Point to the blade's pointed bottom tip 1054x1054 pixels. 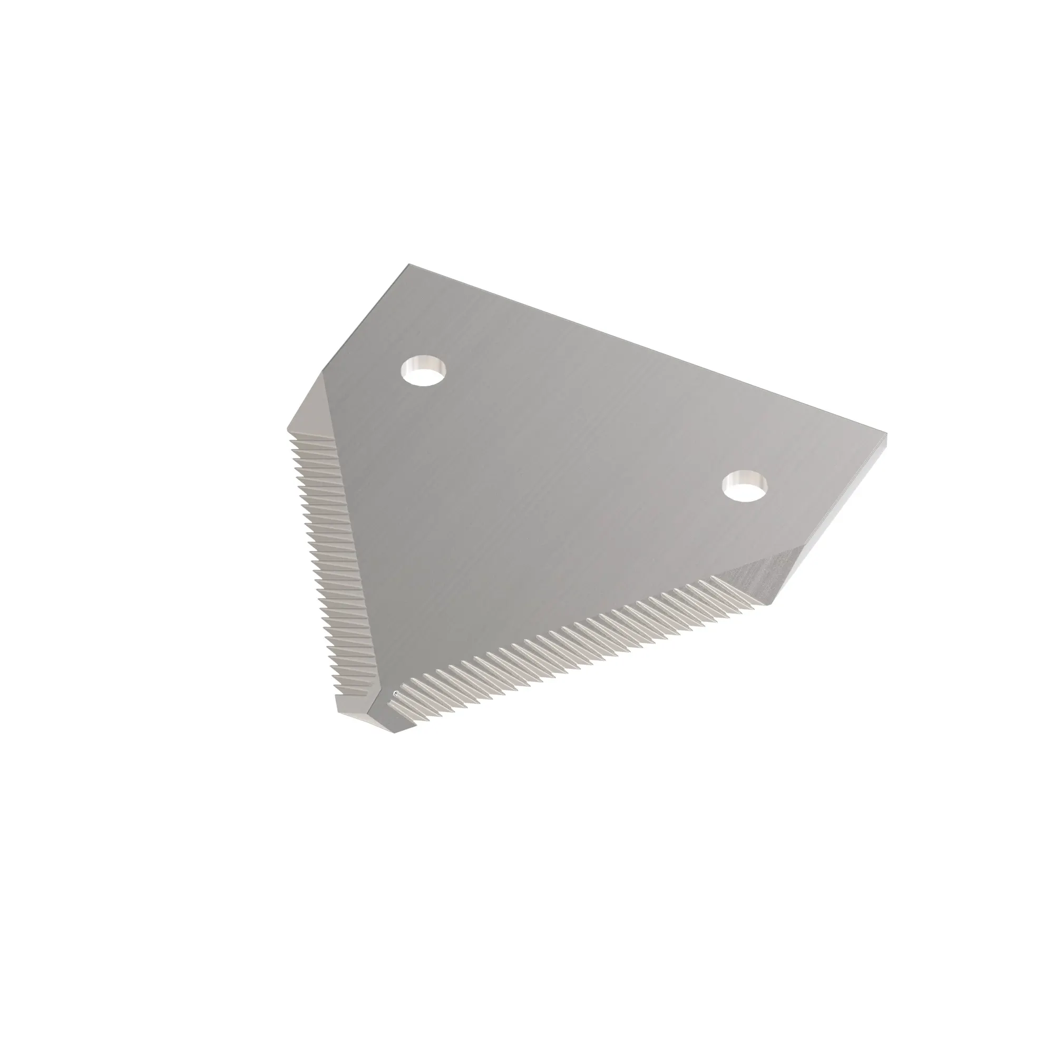point(394,733)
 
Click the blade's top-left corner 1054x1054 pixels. point(409,266)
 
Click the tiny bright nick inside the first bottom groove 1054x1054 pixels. point(396,694)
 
